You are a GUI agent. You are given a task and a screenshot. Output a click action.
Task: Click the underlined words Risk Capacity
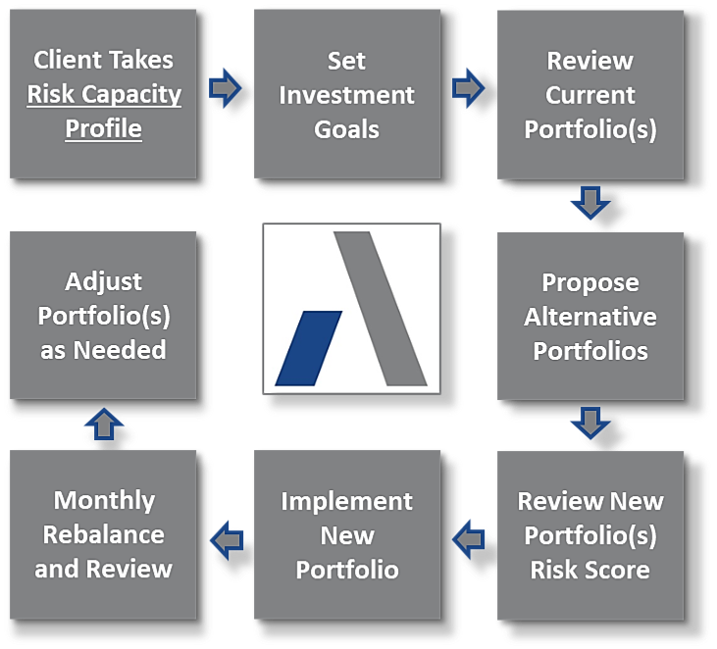click(x=104, y=95)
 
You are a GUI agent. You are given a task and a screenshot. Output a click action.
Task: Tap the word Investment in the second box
click(x=346, y=95)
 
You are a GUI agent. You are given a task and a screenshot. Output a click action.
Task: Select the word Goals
click(x=346, y=129)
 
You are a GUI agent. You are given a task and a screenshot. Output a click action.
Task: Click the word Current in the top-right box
click(x=590, y=95)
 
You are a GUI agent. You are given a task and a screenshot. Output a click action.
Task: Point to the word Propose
click(x=590, y=283)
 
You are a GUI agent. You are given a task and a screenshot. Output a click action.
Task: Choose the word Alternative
click(x=590, y=317)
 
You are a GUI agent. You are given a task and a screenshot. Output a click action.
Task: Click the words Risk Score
click(x=589, y=570)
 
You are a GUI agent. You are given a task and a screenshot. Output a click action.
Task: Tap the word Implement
click(x=346, y=502)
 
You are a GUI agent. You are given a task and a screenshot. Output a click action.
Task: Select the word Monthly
click(x=104, y=500)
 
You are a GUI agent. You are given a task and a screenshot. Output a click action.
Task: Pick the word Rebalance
click(x=103, y=534)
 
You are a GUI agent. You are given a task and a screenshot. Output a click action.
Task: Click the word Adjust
click(x=103, y=282)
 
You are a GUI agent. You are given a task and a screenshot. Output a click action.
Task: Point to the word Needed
click(x=120, y=350)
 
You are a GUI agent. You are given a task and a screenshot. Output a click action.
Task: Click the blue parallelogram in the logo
click(x=309, y=348)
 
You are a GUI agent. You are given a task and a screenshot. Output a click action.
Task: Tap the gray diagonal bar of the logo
click(x=381, y=309)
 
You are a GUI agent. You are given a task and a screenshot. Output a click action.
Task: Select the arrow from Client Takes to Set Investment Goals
click(x=225, y=88)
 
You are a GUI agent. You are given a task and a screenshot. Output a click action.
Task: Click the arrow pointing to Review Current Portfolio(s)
click(x=468, y=88)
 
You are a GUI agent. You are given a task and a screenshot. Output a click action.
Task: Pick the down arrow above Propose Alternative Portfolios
click(x=590, y=203)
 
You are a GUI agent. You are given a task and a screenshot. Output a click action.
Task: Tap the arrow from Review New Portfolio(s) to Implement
click(x=468, y=539)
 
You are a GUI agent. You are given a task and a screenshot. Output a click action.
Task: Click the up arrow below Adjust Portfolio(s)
click(x=104, y=424)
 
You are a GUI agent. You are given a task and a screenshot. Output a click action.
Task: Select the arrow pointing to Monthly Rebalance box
click(x=227, y=540)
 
